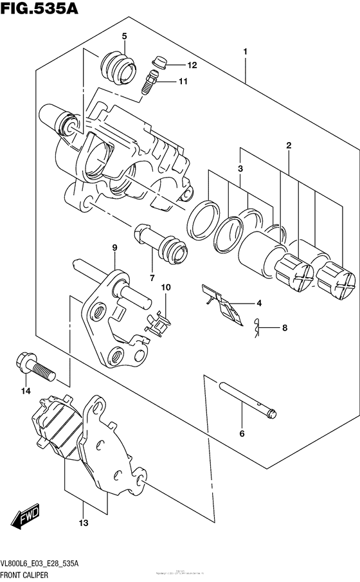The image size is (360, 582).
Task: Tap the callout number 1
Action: (246, 50)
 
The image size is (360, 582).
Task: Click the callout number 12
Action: (192, 65)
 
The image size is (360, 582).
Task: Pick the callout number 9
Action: (114, 247)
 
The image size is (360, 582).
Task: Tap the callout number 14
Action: (25, 390)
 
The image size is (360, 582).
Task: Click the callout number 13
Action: (81, 524)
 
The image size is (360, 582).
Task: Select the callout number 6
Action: (242, 434)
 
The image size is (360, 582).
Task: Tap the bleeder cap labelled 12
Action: (159, 62)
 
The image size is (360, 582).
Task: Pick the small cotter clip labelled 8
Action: (258, 329)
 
